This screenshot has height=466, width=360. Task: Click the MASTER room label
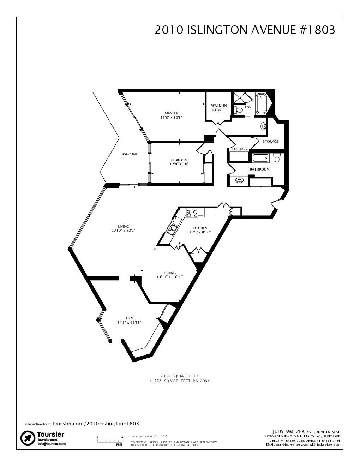(x=172, y=113)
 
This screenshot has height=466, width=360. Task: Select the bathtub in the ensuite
(x=261, y=103)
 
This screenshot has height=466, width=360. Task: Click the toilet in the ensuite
(x=239, y=110)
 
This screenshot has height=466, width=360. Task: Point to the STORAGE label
(x=271, y=142)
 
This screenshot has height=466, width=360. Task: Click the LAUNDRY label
(x=240, y=149)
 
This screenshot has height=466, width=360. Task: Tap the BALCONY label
(x=130, y=154)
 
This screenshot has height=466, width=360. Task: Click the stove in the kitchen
(x=192, y=213)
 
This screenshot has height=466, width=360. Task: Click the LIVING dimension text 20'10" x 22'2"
(x=123, y=230)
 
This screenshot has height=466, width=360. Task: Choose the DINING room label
(x=170, y=273)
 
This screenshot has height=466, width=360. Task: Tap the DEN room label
(x=130, y=318)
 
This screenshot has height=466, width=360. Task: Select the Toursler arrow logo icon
(x=28, y=438)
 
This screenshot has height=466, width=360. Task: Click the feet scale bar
(x=110, y=441)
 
